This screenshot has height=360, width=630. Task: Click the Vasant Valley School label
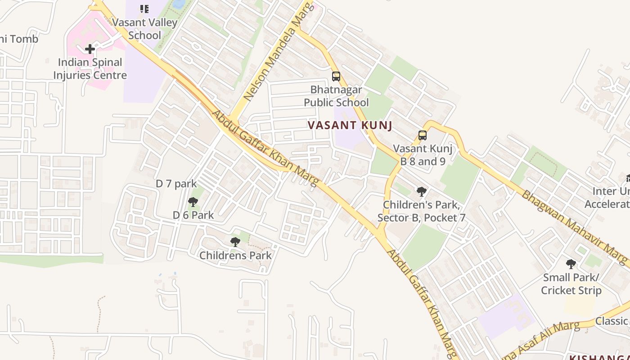point(144,29)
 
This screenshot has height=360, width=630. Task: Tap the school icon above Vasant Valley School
point(144,9)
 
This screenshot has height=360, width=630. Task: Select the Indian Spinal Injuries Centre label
point(90,69)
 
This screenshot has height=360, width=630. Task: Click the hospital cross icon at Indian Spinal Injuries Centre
point(90,49)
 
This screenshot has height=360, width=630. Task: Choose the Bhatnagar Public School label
point(336,96)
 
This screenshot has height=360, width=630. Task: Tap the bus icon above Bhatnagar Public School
point(336,76)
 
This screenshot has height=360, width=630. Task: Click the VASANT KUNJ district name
point(350,126)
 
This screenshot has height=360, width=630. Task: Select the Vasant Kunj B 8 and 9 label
point(423,155)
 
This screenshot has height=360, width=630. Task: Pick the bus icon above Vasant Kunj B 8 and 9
point(423,135)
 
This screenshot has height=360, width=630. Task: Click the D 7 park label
point(176,184)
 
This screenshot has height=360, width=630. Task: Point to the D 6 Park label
point(193,215)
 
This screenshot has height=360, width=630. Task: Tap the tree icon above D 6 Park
point(193,202)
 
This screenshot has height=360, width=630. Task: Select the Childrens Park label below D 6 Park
point(235,256)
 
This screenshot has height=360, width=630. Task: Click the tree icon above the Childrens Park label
point(235,242)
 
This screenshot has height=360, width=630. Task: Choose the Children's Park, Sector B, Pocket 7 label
point(421,211)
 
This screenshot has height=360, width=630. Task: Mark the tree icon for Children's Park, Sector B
point(422,192)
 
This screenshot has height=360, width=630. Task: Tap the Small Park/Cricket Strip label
point(571,284)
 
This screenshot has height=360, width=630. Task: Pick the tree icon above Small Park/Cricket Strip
point(571,264)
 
